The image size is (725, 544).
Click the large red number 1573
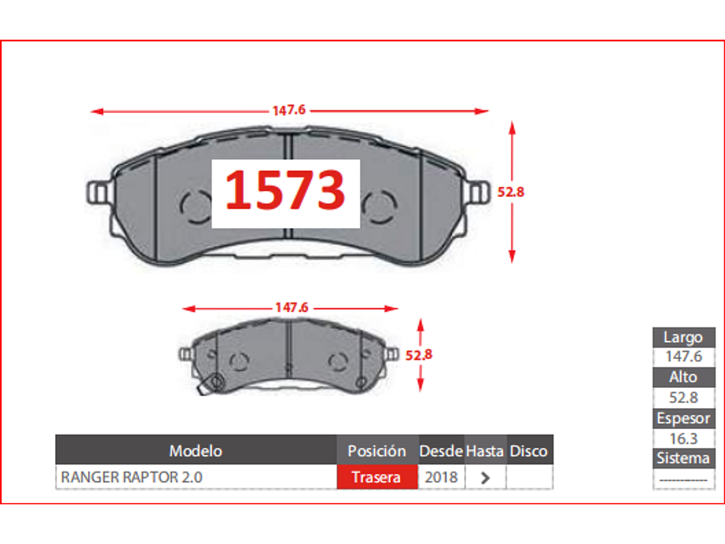(x=285, y=190)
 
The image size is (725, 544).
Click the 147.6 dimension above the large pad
(x=289, y=110)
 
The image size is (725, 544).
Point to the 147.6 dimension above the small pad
(x=292, y=307)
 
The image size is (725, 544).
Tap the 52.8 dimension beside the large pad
(x=511, y=192)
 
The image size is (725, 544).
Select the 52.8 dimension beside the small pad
(x=419, y=355)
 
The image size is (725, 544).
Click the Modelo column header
(x=196, y=451)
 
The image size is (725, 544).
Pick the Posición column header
(x=377, y=451)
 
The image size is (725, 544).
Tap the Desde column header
(x=441, y=451)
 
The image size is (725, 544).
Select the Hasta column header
(x=485, y=451)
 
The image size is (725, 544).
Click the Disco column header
(x=529, y=451)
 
